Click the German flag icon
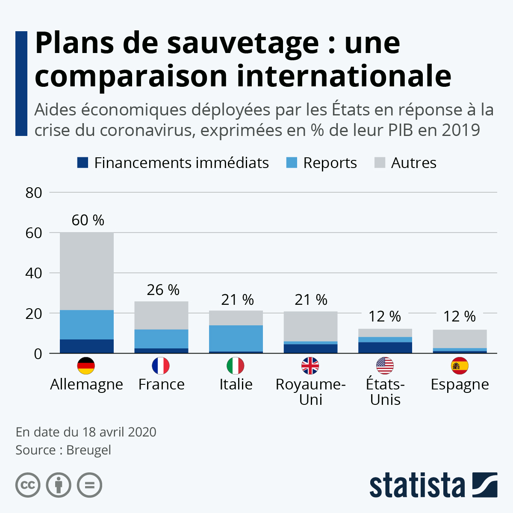coord(86,366)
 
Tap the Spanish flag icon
coord(460,366)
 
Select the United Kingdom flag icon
coord(310,366)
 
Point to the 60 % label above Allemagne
coord(88,220)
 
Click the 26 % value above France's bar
coord(163,290)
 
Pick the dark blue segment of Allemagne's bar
coord(87,346)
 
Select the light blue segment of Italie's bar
coord(236,338)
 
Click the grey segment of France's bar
coord(161,315)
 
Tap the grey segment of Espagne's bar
coord(460,339)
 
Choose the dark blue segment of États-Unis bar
coord(385,348)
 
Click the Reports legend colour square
coord(292,163)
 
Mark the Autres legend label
coord(413,163)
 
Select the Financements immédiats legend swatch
coord(83,163)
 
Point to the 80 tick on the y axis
coord(34,193)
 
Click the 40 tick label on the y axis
coord(34,273)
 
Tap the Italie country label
coord(236,384)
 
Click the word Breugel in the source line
coord(88,450)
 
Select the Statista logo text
coord(417,485)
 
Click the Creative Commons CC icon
coord(28,485)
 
